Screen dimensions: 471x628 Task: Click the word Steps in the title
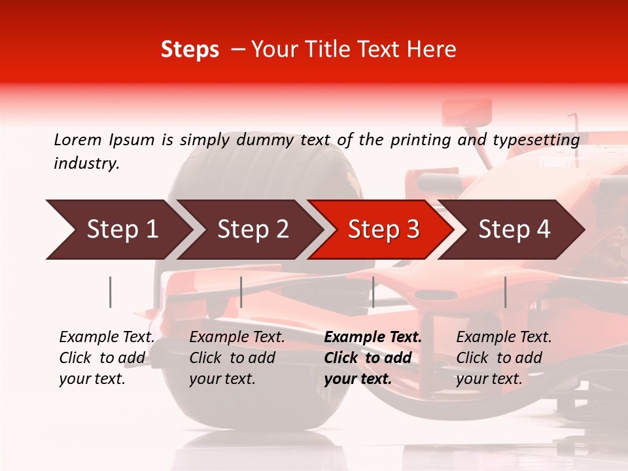point(190,50)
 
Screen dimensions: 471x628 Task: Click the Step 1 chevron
point(118,230)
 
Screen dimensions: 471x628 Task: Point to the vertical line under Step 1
point(111,292)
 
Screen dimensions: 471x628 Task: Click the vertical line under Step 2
point(241,292)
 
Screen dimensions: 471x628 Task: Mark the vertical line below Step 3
point(373,292)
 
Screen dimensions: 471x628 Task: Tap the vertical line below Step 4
point(505,292)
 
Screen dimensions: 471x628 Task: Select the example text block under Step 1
point(107,358)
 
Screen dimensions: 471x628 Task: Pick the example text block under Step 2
point(237,358)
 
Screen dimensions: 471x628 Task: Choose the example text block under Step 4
point(504,358)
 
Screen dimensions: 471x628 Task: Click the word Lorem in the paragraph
point(77,139)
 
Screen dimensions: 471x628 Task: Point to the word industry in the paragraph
point(86,164)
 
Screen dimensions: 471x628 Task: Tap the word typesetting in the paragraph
point(536,139)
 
